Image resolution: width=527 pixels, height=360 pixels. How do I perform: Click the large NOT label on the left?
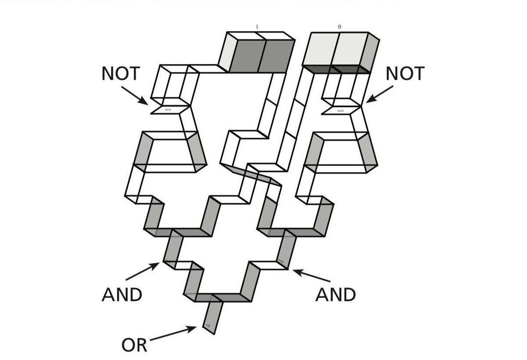119,74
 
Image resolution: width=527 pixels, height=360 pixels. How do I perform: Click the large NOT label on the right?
405,74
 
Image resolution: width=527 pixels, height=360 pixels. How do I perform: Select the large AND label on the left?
122,295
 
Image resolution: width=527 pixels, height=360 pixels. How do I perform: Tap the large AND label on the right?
336,295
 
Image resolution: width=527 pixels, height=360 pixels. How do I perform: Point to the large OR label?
134,345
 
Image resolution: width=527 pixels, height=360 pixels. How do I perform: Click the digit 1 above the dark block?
257,27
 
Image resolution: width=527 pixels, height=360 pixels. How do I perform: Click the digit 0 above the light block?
339,27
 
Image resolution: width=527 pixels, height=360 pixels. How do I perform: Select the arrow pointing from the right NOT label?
380,94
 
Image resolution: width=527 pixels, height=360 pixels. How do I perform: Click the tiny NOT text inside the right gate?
341,111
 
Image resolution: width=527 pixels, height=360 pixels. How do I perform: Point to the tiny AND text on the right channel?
281,261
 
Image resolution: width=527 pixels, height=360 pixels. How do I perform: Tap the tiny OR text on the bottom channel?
208,325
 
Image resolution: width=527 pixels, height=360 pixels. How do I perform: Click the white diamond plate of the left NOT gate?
170,109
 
